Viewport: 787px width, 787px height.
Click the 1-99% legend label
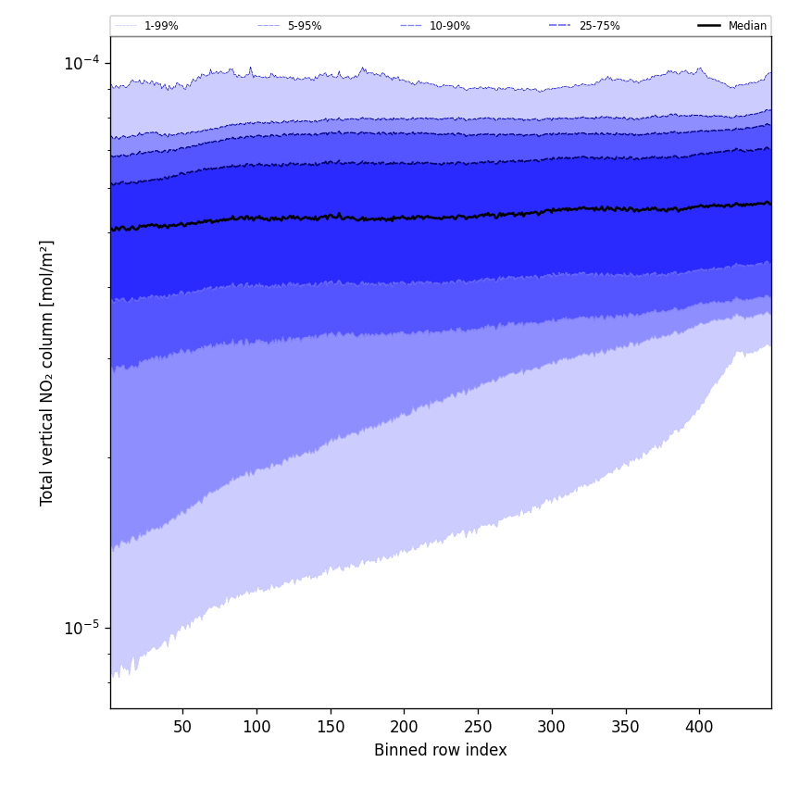click(x=161, y=26)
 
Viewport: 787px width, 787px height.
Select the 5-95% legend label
click(x=305, y=26)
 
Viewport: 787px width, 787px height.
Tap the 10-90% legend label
click(x=449, y=26)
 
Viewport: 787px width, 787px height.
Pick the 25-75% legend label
click(x=599, y=26)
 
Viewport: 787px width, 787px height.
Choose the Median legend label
click(x=747, y=26)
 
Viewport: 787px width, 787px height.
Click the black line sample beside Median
click(x=710, y=26)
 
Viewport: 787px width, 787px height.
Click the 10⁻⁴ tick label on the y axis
click(x=81, y=62)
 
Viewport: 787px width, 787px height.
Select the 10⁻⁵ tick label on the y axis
click(x=81, y=628)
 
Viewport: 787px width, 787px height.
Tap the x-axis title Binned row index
click(x=441, y=751)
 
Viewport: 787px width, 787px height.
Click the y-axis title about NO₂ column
click(x=47, y=372)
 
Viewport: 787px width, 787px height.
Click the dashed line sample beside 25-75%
click(x=560, y=26)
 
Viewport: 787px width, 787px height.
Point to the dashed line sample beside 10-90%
click(x=411, y=26)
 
